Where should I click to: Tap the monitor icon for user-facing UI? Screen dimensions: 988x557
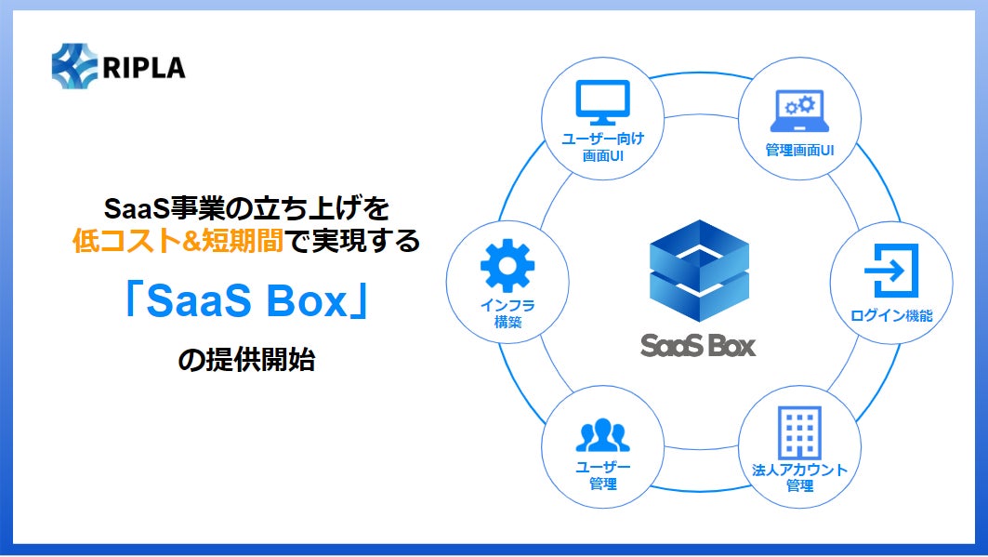pyautogui.click(x=602, y=103)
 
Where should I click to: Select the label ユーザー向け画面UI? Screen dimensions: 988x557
pyautogui.click(x=602, y=147)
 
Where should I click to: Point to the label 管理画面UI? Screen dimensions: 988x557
pyautogui.click(x=799, y=150)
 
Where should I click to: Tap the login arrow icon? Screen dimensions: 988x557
pyautogui.click(x=891, y=270)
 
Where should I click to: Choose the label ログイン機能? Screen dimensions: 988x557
pyautogui.click(x=891, y=316)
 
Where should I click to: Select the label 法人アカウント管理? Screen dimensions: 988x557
pyautogui.click(x=799, y=477)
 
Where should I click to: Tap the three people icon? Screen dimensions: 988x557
pyautogui.click(x=602, y=435)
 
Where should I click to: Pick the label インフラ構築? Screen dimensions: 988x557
pyautogui.click(x=507, y=313)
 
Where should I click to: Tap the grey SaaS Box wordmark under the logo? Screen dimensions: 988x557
pyautogui.click(x=698, y=346)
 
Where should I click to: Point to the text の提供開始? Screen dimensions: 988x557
pyautogui.click(x=246, y=360)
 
